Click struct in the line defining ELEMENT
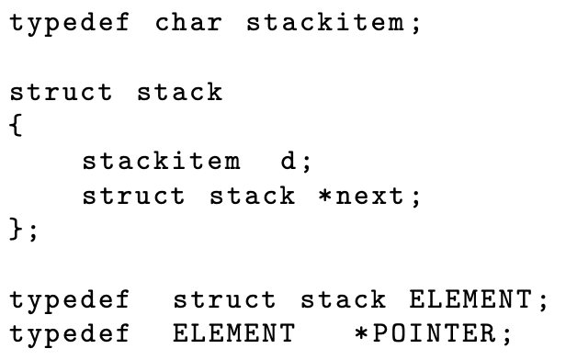(x=223, y=300)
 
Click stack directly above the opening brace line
(x=180, y=93)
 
